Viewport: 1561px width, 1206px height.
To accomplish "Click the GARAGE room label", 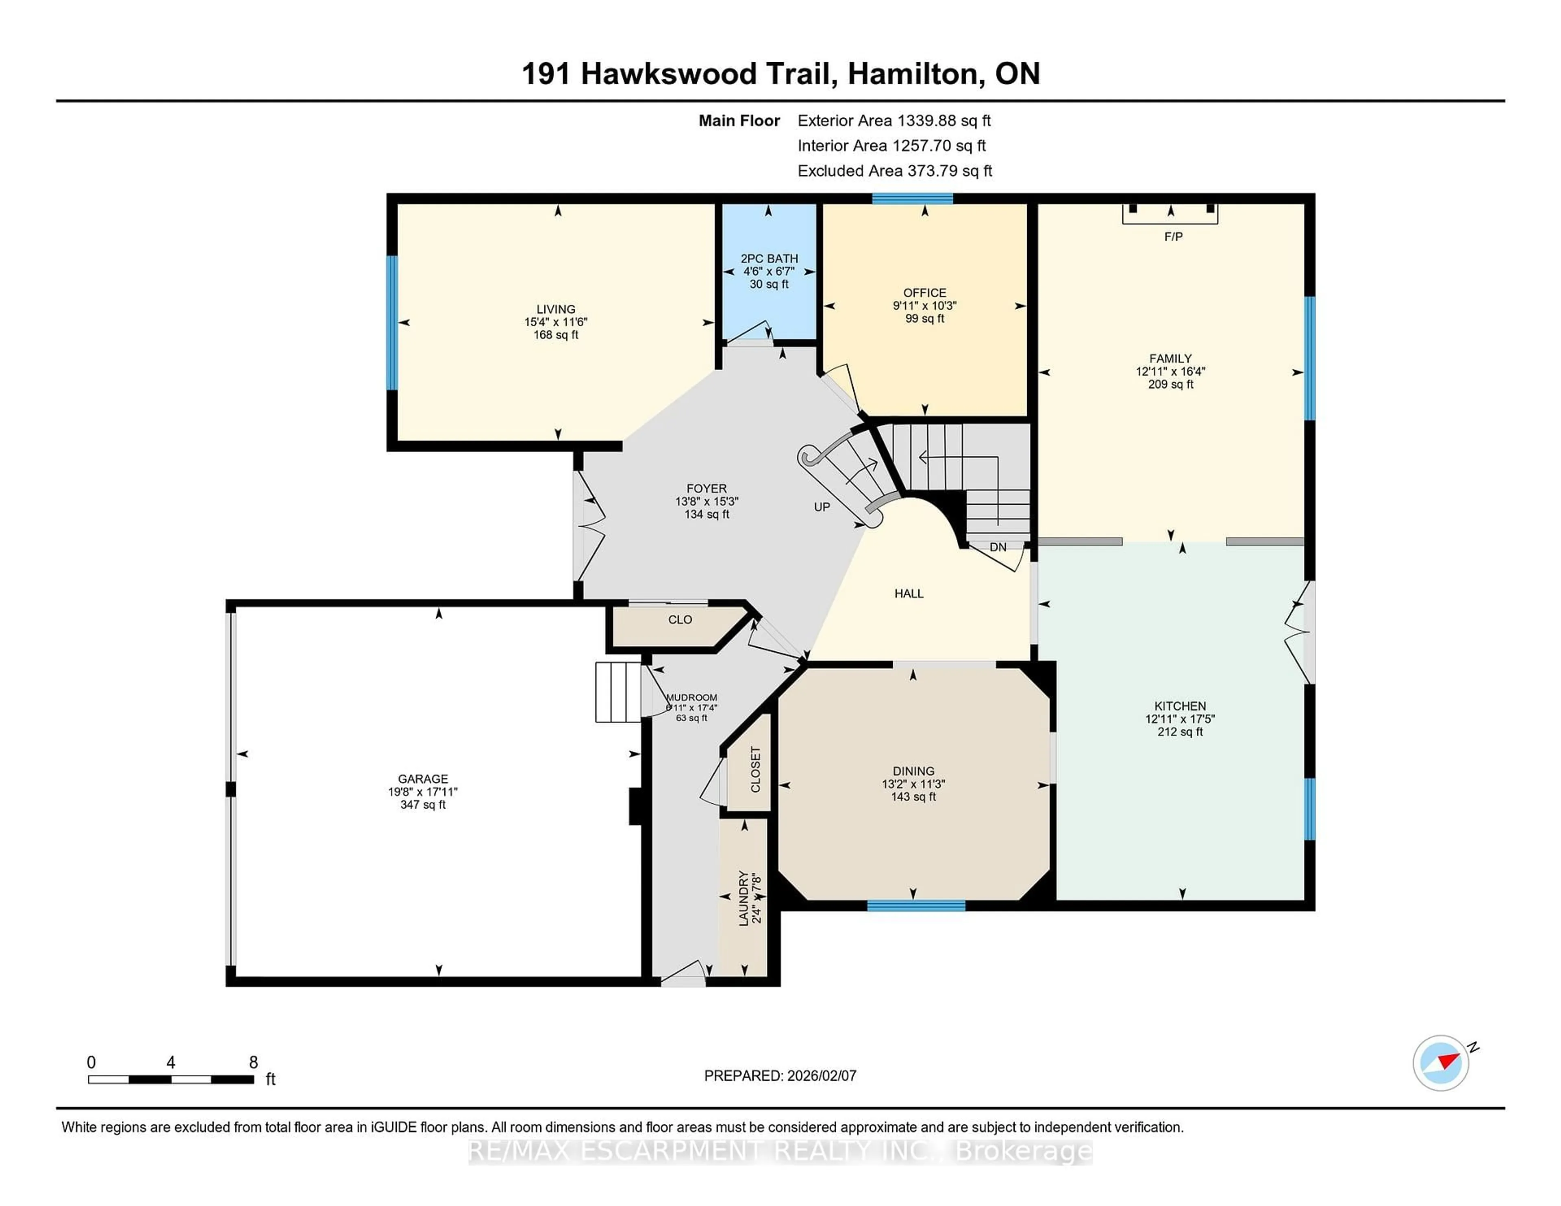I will tap(423, 779).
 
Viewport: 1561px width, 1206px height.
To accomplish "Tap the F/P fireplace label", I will tap(1173, 236).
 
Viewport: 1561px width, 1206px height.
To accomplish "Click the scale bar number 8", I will tap(253, 1063).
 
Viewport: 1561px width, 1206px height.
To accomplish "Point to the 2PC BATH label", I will tap(769, 259).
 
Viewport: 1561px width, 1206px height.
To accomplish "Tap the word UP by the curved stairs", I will tap(822, 507).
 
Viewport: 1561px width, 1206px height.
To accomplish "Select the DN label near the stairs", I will tap(998, 547).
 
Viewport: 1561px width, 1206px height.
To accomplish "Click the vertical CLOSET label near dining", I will tap(755, 770).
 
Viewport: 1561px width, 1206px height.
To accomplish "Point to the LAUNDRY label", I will tap(744, 898).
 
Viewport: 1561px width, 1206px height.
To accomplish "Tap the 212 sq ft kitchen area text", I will tap(1180, 731).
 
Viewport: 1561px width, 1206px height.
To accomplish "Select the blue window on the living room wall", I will tap(392, 323).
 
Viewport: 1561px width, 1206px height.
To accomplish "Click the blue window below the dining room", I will tap(916, 906).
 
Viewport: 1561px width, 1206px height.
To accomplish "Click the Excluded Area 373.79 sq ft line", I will tap(894, 171).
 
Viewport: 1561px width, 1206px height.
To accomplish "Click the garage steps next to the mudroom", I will tap(618, 692).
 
